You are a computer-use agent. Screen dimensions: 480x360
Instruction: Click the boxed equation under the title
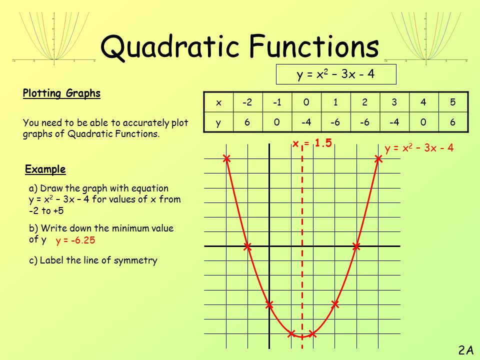pos(336,74)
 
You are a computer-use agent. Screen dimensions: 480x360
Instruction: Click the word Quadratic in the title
pos(170,47)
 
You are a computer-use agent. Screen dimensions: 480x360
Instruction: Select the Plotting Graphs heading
pos(61,93)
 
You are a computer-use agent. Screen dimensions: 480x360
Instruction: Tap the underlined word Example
pos(45,169)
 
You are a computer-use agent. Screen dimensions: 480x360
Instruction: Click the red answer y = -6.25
pos(75,240)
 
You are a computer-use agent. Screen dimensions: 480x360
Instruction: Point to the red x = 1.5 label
pos(312,143)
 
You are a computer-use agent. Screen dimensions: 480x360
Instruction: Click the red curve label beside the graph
pos(419,148)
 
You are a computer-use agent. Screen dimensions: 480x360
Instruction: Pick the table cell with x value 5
pos(453,102)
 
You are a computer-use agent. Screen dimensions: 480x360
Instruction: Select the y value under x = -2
pos(247,122)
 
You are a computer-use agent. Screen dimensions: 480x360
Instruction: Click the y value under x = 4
pos(423,122)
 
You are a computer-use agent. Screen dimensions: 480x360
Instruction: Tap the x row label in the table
pos(218,102)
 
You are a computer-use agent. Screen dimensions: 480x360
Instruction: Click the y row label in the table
pos(218,122)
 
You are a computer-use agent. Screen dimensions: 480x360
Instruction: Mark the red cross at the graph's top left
pos(226,158)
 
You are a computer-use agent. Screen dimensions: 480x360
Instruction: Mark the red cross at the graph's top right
pos(378,158)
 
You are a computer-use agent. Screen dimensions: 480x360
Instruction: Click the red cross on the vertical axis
pos(269,304)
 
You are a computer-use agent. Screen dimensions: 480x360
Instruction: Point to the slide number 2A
pos(466,350)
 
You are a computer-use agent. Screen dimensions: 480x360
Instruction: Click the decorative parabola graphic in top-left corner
pos(54,38)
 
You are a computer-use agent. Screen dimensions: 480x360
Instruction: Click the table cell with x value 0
pos(306,102)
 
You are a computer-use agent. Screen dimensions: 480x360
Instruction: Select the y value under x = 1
pos(335,122)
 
